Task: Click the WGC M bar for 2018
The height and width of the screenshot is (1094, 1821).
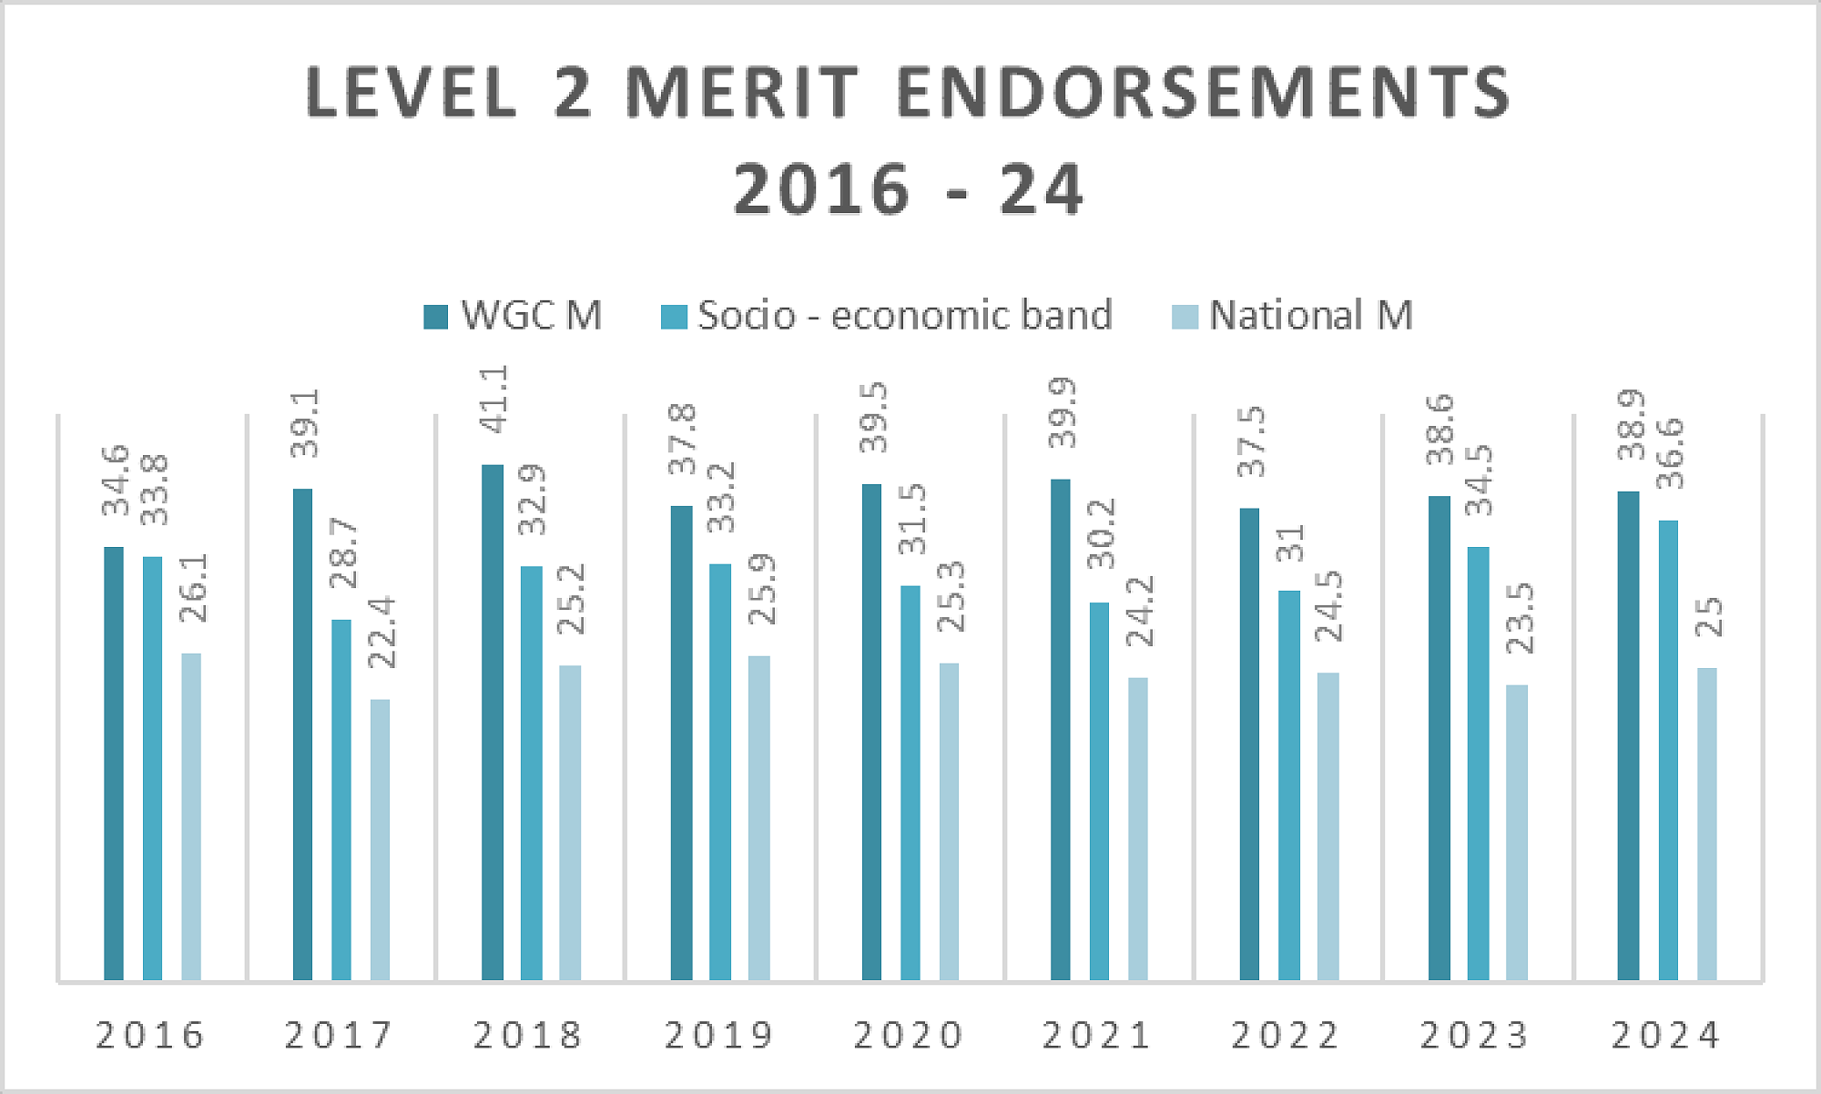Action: [x=492, y=723]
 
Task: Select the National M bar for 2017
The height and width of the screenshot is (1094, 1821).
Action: [x=380, y=839]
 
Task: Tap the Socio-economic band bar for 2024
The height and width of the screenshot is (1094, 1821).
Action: [x=1667, y=750]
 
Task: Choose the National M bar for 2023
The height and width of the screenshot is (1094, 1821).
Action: [x=1516, y=832]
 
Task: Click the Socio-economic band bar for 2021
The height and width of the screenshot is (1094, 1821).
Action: [x=1099, y=791]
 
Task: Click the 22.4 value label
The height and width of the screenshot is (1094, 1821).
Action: [x=381, y=633]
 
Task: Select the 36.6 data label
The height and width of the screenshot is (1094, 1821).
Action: [x=1669, y=453]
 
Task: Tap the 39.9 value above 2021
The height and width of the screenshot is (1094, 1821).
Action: [x=1062, y=412]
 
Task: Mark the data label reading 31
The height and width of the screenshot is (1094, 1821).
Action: [x=1290, y=543]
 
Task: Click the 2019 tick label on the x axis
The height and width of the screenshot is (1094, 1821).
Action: [x=719, y=1036]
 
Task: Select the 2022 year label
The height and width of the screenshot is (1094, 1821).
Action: [x=1286, y=1036]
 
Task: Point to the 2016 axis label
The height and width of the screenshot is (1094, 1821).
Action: [x=151, y=1036]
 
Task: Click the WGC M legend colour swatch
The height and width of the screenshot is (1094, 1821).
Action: [x=436, y=317]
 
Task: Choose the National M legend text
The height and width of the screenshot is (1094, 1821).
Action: [x=1311, y=315]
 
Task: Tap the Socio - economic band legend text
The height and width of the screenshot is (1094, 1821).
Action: [x=905, y=315]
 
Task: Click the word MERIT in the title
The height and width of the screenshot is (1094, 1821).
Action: [x=743, y=93]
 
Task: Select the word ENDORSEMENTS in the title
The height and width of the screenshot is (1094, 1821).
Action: [x=1204, y=93]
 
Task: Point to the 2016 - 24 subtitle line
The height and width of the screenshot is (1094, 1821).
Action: [x=909, y=189]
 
